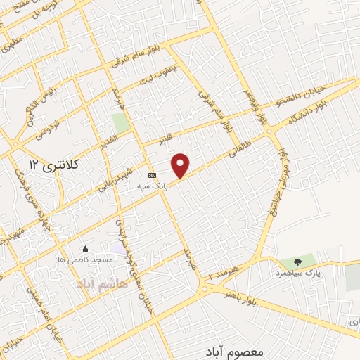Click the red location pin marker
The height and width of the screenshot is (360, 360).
pos(181,165)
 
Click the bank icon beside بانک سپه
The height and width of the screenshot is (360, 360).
pos(151,175)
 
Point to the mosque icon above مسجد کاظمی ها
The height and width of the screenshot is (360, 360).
pos(86,249)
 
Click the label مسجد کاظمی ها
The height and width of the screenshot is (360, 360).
pos(86,260)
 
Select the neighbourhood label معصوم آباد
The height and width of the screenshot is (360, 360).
pos(236,350)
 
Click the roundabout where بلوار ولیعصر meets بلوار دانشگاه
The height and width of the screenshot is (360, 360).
pos(272,131)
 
